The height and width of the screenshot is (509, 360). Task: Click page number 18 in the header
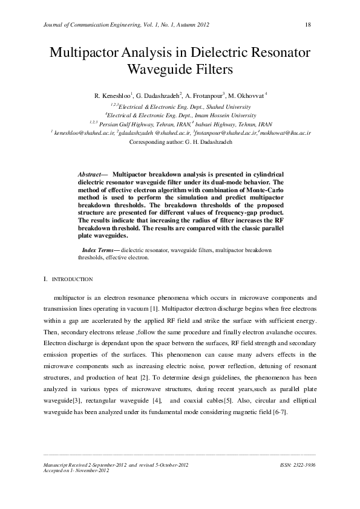point(307,24)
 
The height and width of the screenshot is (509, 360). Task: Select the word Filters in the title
point(213,69)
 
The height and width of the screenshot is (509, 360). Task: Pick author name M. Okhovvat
point(250,96)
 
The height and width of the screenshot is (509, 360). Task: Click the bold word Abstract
point(91,174)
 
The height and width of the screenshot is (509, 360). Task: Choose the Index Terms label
point(100,250)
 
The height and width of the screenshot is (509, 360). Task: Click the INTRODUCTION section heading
point(71,280)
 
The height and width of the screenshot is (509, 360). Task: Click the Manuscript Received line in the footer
point(112,465)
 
